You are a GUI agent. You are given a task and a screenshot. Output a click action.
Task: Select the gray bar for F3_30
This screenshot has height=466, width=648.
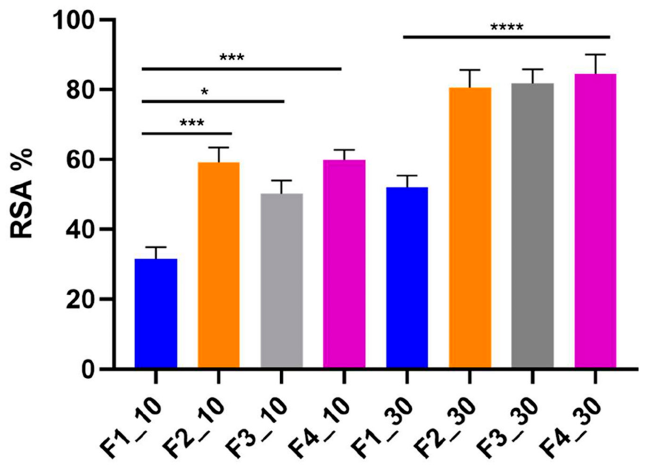[533, 226]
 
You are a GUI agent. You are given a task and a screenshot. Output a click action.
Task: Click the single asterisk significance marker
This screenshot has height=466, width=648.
[205, 92]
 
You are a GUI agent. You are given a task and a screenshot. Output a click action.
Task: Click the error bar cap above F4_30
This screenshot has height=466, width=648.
[595, 54]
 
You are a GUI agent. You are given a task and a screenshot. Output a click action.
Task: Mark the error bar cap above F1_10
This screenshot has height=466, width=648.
[156, 247]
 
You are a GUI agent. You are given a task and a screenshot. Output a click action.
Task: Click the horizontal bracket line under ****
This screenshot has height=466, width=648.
[506, 37]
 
